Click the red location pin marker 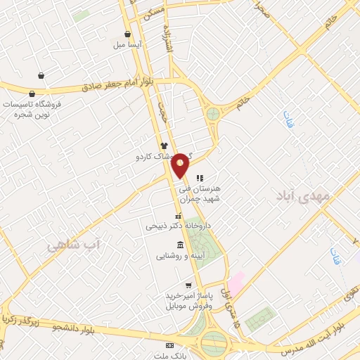coord(181,165)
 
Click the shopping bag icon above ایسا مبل coord(127,33)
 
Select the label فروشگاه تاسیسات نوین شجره coord(32,108)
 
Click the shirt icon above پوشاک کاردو coord(164,145)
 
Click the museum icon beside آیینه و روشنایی coord(181,245)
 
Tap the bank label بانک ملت coord(169,356)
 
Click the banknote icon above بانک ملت coord(169,346)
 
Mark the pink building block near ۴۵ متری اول coord(237,281)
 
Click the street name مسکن coord(155,11)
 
